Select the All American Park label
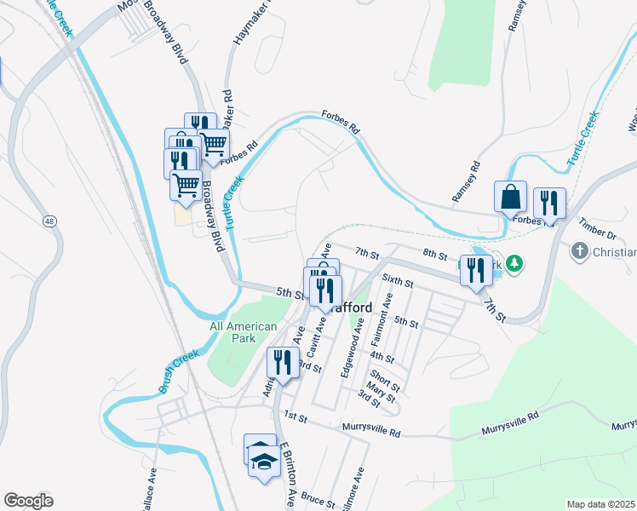pos(244,332)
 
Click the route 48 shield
pos(50,221)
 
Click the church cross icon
pos(579,252)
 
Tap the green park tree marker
pos(514,264)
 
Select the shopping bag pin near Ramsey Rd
pos(510,197)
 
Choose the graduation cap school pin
pos(265,462)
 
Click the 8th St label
pos(434,254)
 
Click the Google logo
pos(29,501)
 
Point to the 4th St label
pos(383,358)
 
